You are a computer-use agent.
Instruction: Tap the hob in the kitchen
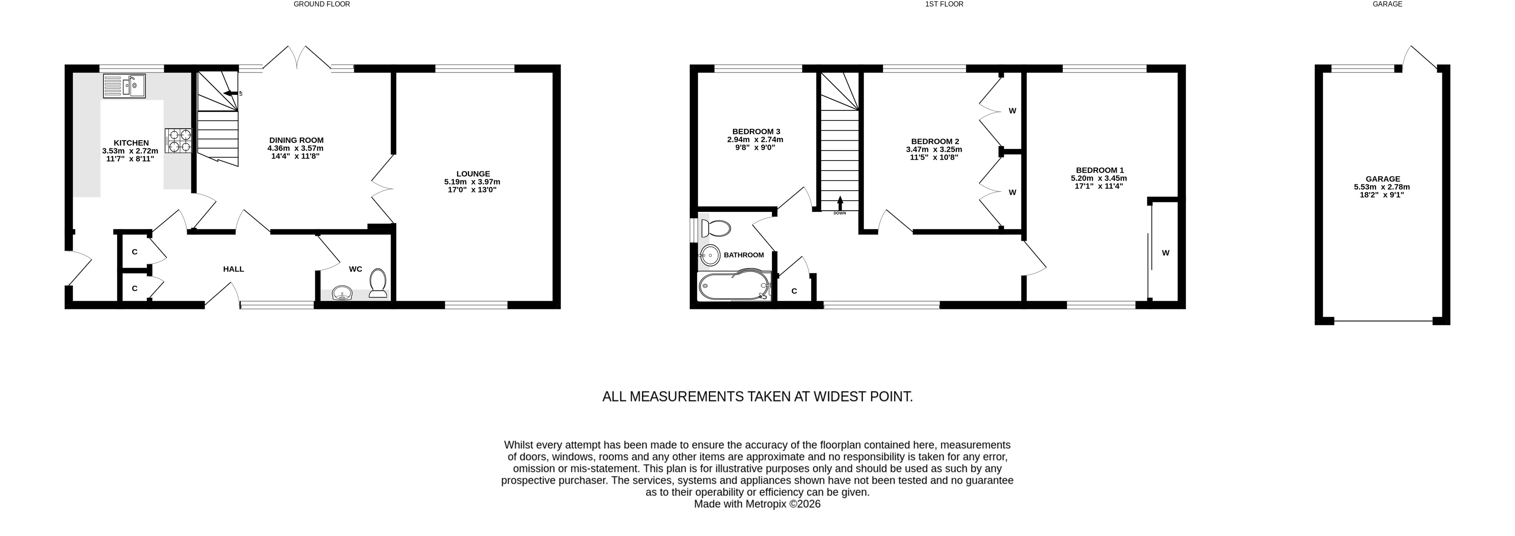179,141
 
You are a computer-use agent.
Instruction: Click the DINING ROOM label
296,140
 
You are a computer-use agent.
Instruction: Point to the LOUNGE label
473,174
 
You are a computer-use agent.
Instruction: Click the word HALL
233,269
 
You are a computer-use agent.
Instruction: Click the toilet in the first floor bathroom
715,227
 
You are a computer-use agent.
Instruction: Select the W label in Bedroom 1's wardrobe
1165,253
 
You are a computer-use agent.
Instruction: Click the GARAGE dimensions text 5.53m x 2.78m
1382,187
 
